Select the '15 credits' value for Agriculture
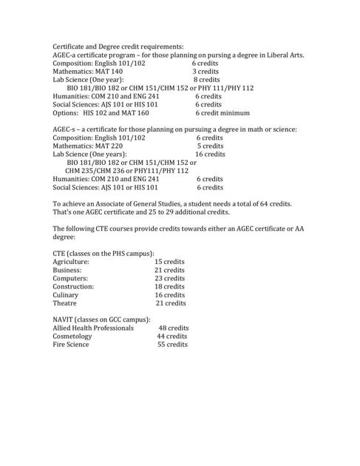pyautogui.click(x=169, y=262)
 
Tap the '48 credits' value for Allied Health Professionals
pyautogui.click(x=174, y=327)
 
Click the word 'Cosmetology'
pyautogui.click(x=72, y=336)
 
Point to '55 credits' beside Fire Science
pyautogui.click(x=172, y=344)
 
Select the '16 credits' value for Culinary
pyautogui.click(x=170, y=294)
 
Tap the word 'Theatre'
pyautogui.click(x=66, y=303)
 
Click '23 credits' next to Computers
pyautogui.click(x=169, y=278)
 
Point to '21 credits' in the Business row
pyautogui.click(x=169, y=270)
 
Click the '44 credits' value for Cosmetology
pyautogui.click(x=172, y=336)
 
